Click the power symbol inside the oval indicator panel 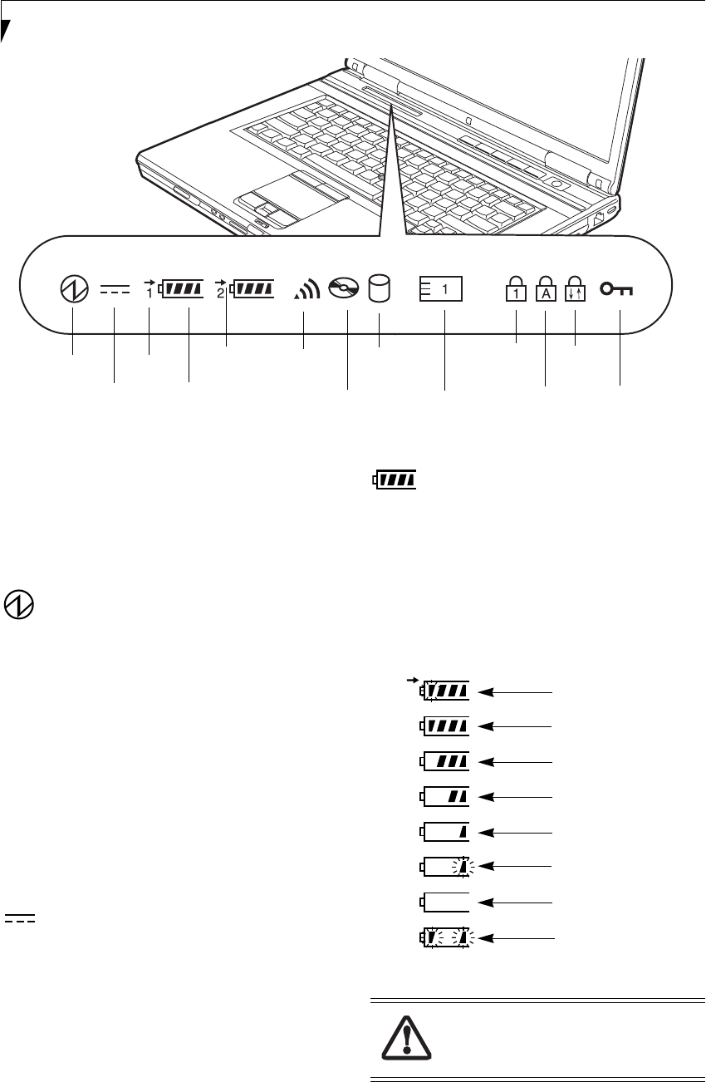71,289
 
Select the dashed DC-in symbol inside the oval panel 115,289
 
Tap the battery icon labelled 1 180,289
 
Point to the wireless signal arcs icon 307,289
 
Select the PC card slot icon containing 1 441,289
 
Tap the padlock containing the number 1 515,291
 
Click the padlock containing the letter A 545,291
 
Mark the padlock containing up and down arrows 575,291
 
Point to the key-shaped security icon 618,289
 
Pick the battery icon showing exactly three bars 445,760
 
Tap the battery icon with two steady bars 445,796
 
